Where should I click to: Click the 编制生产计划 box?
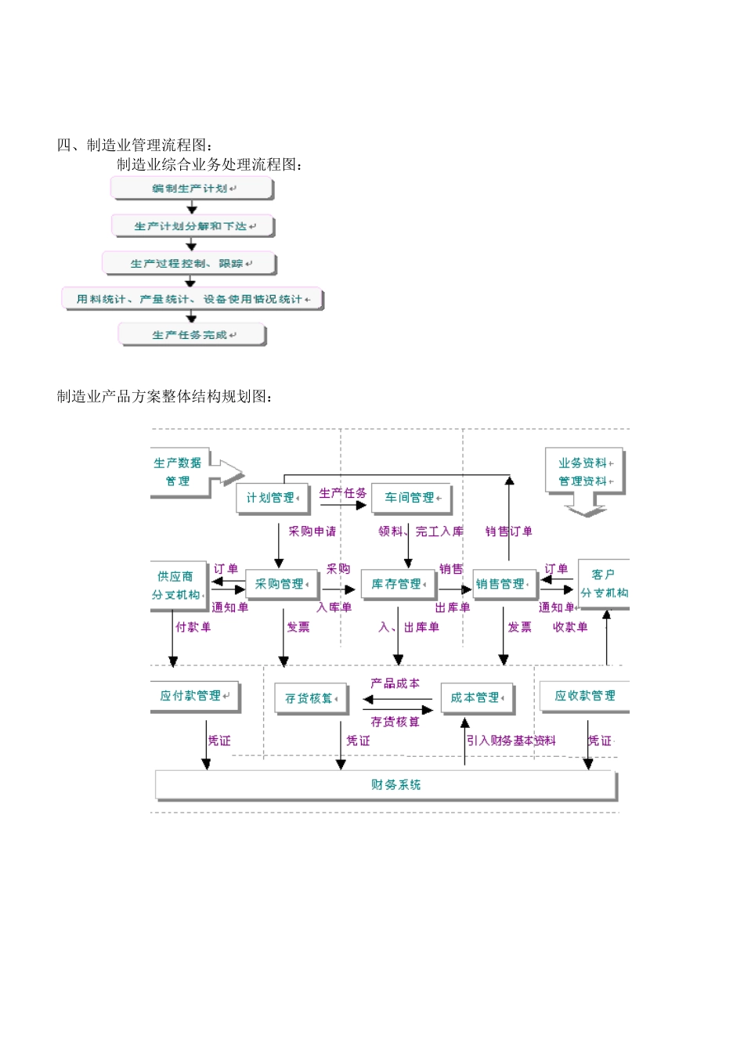[192, 189]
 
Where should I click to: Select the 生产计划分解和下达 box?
[193, 226]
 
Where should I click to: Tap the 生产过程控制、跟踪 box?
[190, 264]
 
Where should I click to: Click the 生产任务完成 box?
[192, 335]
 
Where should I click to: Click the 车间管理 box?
[411, 498]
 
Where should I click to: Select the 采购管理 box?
[281, 584]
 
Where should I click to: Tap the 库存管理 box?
[398, 584]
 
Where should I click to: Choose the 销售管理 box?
[502, 584]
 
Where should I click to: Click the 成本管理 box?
[476, 697]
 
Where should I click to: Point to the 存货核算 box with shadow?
[310, 698]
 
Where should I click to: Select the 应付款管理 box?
[193, 696]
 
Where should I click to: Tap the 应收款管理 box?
[584, 696]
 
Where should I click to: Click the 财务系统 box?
[387, 785]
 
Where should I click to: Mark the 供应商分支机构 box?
[179, 585]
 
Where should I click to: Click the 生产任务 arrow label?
[342, 493]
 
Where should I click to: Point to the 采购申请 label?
[312, 531]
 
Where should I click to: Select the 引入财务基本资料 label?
[511, 740]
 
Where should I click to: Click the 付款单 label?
[193, 627]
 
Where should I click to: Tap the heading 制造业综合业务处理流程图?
[209, 164]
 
